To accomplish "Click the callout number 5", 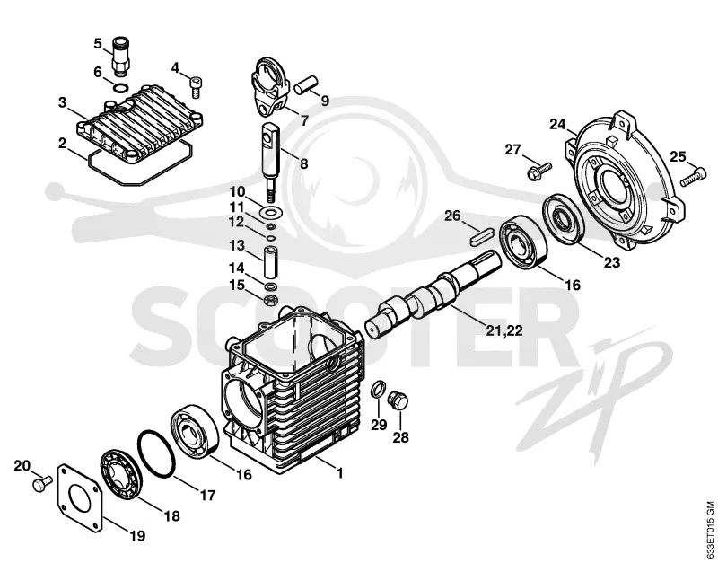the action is click(x=98, y=44).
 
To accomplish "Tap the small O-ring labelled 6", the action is click(x=121, y=87).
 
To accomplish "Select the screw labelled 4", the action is click(x=196, y=87).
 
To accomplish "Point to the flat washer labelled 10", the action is click(x=271, y=212).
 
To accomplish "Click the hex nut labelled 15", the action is click(x=271, y=301).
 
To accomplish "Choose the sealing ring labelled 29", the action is click(x=378, y=390).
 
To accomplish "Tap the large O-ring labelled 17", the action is click(x=156, y=453).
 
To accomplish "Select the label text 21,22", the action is click(x=503, y=330).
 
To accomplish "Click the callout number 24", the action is click(x=557, y=124).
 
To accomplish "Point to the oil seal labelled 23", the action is click(x=565, y=219).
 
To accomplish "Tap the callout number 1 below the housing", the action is click(x=339, y=472).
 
